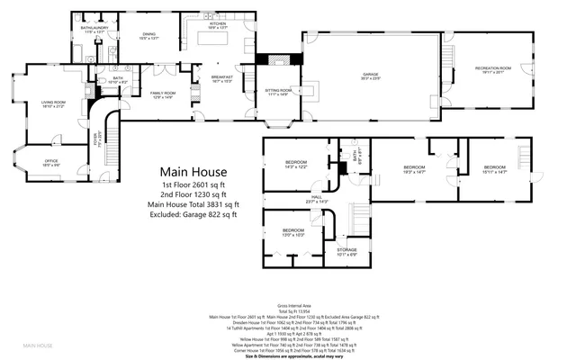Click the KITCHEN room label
[x=204, y=24]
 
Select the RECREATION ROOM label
[x=493, y=69]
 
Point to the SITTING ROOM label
[x=278, y=92]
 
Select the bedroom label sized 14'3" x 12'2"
[x=296, y=164]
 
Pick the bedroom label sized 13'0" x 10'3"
[x=293, y=231]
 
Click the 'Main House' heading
[x=193, y=171]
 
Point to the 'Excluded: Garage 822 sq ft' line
[x=193, y=216]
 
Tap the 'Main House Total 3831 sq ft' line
[x=193, y=205]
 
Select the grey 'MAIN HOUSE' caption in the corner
[x=38, y=345]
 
